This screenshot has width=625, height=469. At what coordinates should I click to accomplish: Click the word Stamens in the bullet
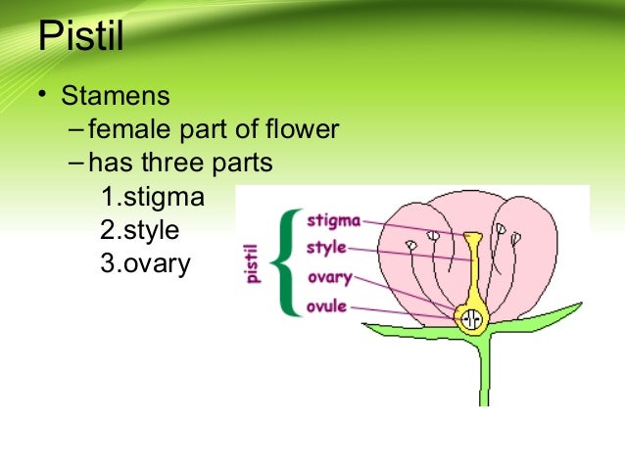pyautogui.click(x=115, y=98)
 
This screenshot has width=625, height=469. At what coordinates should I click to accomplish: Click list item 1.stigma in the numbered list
pyautogui.click(x=153, y=199)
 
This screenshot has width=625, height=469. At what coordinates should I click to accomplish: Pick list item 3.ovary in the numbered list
pyautogui.click(x=145, y=264)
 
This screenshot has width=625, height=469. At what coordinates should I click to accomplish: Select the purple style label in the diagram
pyautogui.click(x=326, y=248)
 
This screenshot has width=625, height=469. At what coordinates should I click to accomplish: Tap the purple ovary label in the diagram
pyautogui.click(x=328, y=277)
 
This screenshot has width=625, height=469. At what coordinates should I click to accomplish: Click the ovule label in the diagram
pyautogui.click(x=326, y=306)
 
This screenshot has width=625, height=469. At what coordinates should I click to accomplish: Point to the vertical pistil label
pyautogui.click(x=253, y=264)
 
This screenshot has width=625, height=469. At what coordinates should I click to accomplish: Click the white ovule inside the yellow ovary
pyautogui.click(x=473, y=318)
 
